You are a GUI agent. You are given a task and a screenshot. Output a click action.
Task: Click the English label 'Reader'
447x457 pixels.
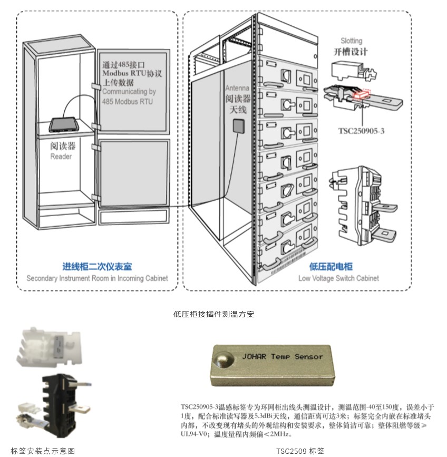pyautogui.click(x=61, y=157)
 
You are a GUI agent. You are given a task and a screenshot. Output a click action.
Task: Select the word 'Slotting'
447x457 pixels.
pyautogui.click(x=351, y=41)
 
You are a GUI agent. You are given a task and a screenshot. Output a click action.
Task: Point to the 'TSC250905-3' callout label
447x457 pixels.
pyautogui.click(x=361, y=131)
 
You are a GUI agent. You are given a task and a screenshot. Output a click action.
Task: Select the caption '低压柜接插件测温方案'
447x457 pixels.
pyautogui.click(x=214, y=314)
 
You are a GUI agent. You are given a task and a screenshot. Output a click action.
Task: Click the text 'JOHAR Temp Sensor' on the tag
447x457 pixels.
pyautogui.click(x=282, y=357)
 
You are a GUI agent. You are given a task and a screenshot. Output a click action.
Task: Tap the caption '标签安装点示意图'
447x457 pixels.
pyautogui.click(x=43, y=451)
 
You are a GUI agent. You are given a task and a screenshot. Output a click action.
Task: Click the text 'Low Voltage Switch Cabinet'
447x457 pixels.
pyautogui.click(x=338, y=278)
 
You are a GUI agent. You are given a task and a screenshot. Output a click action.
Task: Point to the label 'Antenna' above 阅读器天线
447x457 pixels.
pyautogui.click(x=237, y=88)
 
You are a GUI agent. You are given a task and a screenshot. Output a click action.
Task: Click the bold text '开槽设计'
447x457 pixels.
pyautogui.click(x=351, y=52)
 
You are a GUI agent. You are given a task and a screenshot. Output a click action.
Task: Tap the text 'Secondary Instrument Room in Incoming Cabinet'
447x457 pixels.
pyautogui.click(x=97, y=278)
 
